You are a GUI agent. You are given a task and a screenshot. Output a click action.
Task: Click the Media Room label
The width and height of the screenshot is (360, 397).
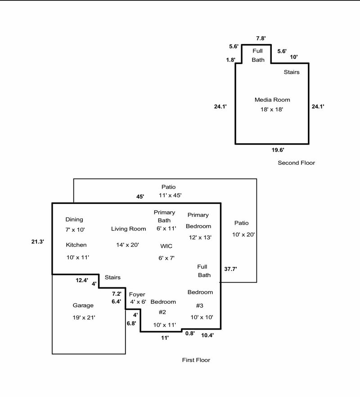272,99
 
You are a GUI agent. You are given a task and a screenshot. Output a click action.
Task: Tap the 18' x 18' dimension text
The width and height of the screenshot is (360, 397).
272,109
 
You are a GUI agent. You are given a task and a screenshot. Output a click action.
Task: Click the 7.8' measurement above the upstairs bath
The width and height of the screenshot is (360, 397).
261,38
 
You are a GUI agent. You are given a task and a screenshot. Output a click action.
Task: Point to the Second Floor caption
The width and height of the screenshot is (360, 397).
296,162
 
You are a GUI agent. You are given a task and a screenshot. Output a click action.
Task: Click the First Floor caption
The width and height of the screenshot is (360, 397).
196,360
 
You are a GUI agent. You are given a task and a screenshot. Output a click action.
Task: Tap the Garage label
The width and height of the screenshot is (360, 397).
83,305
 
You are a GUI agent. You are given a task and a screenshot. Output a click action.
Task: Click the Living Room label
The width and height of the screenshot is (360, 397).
128,229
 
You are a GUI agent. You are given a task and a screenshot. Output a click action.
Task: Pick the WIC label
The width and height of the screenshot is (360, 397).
166,246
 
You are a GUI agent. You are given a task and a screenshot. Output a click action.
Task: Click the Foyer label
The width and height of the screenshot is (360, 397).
137,294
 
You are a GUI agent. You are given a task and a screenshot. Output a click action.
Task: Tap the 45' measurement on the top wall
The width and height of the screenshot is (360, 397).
141,196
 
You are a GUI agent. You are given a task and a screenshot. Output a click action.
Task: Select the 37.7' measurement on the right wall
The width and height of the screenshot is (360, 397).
230,269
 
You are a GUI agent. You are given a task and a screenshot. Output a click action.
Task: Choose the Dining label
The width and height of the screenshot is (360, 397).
74,220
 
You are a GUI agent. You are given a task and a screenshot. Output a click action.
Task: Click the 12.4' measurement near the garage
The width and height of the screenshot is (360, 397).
81,280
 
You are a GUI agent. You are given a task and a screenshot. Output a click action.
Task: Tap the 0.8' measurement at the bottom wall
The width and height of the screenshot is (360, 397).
189,333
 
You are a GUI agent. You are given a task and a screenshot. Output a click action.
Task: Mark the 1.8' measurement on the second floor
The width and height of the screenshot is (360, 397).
230,60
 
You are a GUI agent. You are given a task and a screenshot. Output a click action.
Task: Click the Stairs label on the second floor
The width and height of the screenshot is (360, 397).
291,72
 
